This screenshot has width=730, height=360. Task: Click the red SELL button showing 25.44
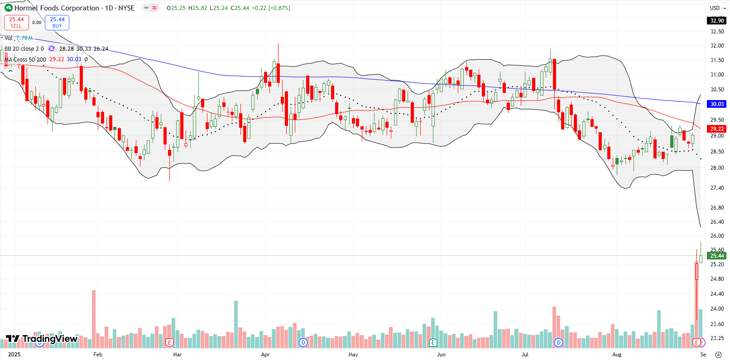pyautogui.click(x=16, y=22)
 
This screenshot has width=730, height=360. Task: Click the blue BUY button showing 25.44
pyautogui.click(x=57, y=22)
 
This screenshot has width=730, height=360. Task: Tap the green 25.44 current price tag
pyautogui.click(x=717, y=256)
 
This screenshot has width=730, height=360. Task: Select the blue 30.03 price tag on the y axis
pyautogui.click(x=717, y=104)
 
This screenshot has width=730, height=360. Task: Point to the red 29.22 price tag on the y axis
pyautogui.click(x=717, y=129)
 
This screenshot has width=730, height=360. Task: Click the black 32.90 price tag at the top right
pyautogui.click(x=717, y=20)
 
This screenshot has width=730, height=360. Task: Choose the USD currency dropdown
pyautogui.click(x=717, y=8)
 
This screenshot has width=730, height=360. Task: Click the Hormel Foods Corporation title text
pyautogui.click(x=57, y=8)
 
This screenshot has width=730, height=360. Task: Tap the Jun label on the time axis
pyautogui.click(x=441, y=355)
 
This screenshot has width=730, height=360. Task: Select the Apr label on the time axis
pyautogui.click(x=265, y=355)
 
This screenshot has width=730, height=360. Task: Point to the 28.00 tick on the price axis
pyautogui.click(x=717, y=168)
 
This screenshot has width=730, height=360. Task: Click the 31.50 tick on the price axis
pyautogui.click(x=717, y=60)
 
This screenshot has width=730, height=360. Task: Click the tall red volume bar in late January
pyautogui.click(x=94, y=317)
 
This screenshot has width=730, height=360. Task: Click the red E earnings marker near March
pyautogui.click(x=170, y=342)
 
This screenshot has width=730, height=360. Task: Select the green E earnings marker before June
pyautogui.click(x=433, y=342)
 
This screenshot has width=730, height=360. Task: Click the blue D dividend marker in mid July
pyautogui.click(x=558, y=342)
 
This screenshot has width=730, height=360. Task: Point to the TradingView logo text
pyautogui.click(x=50, y=339)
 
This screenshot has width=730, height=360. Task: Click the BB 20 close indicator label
pyautogui.click(x=24, y=48)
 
